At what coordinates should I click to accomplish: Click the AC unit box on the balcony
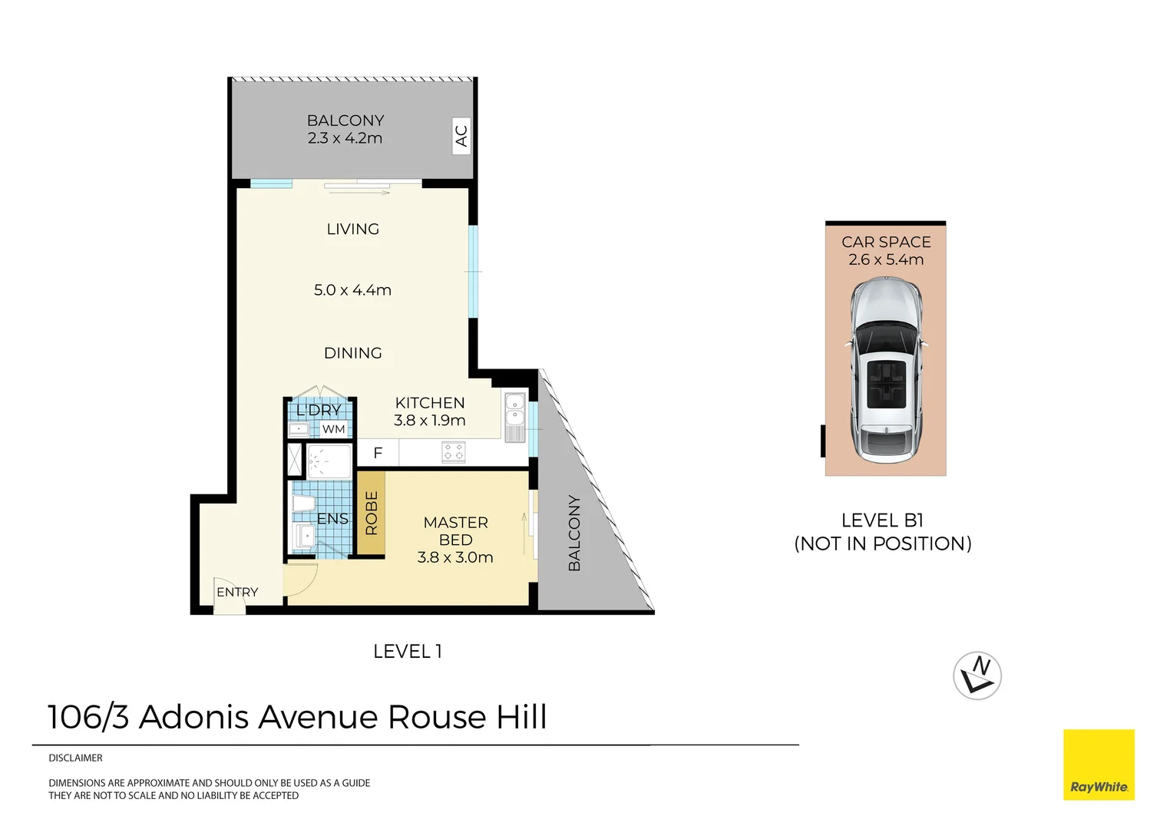click(x=461, y=136)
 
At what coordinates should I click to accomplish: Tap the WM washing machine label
click(x=334, y=429)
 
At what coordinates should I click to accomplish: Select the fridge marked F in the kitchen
click(x=378, y=453)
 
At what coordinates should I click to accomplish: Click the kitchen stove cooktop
click(x=454, y=452)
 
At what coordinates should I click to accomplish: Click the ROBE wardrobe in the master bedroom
click(x=372, y=513)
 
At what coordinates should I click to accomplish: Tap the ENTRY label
click(x=237, y=592)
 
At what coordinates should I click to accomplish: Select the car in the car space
click(x=886, y=371)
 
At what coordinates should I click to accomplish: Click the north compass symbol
click(x=977, y=675)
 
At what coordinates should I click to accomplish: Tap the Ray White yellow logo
click(x=1099, y=765)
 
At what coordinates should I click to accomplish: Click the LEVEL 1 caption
click(x=408, y=652)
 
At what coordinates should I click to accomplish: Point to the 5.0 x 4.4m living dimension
click(x=352, y=289)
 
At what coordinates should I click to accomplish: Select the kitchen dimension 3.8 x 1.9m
click(x=429, y=420)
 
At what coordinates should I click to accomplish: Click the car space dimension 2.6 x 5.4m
click(x=886, y=259)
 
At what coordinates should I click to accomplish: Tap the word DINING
click(x=353, y=353)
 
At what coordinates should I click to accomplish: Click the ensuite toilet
click(x=304, y=504)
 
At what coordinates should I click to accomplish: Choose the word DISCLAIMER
click(x=75, y=758)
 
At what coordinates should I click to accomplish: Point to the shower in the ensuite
click(x=329, y=461)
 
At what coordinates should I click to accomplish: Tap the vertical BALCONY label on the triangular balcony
click(x=574, y=533)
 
